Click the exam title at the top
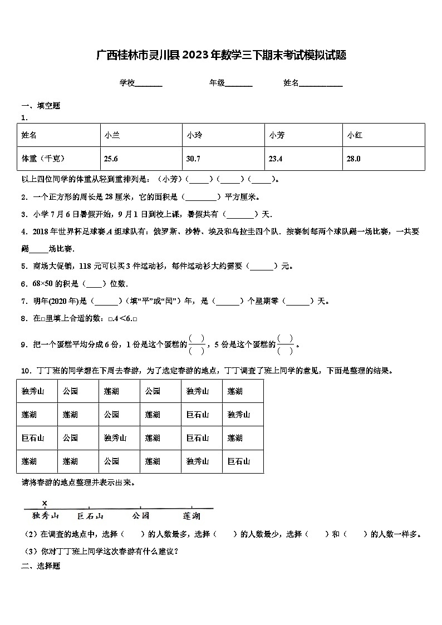(221, 55)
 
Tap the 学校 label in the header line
(127, 83)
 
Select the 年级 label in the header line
(217, 83)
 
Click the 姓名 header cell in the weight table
(29, 135)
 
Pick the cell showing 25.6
(111, 159)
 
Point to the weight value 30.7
(193, 159)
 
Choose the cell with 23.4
(276, 159)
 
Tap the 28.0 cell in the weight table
(353, 159)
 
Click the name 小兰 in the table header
(112, 135)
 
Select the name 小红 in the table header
(355, 135)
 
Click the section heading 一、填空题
(41, 106)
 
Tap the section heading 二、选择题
(41, 566)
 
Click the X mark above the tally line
(45, 503)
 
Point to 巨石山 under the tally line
(90, 516)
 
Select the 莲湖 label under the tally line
(191, 516)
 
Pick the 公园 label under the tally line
(141, 516)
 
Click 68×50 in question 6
(46, 284)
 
